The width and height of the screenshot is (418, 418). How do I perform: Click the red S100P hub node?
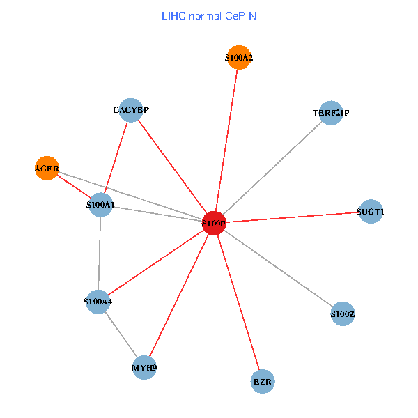pyautogui.click(x=214, y=223)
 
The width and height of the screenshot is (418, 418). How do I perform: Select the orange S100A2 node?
pyautogui.click(x=238, y=59)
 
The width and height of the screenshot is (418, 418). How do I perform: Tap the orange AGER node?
pyautogui.click(x=46, y=168)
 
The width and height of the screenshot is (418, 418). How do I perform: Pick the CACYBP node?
pyautogui.click(x=131, y=110)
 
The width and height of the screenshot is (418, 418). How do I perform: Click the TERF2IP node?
pyautogui.click(x=331, y=113)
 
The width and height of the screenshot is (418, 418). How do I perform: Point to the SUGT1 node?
pyautogui.click(x=371, y=211)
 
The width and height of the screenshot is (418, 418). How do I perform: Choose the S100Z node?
pyautogui.click(x=343, y=314)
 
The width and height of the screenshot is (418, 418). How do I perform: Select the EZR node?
pyautogui.click(x=263, y=382)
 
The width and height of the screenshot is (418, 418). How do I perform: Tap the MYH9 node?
pyautogui.click(x=144, y=367)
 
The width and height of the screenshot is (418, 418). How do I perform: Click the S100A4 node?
pyautogui.click(x=98, y=302)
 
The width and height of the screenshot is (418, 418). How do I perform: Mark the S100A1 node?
pyautogui.click(x=101, y=205)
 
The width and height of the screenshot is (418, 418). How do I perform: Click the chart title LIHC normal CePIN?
pyautogui.click(x=208, y=15)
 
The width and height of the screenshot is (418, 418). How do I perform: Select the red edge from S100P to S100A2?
pyautogui.click(x=226, y=139)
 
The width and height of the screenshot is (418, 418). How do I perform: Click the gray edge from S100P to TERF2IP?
pyautogui.click(x=272, y=168)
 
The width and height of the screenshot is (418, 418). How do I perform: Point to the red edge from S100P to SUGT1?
pyautogui.click(x=293, y=217)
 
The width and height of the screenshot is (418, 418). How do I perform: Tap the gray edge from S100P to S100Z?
pyautogui.click(x=279, y=269)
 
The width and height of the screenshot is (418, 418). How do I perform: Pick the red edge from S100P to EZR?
pyautogui.click(x=238, y=302)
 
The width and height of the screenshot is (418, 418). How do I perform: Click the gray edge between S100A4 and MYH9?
pyautogui.click(x=121, y=334)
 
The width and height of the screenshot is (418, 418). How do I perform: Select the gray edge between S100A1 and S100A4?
pyautogui.click(x=100, y=254)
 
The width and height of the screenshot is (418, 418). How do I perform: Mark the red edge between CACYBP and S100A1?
pyautogui.click(x=116, y=157)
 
